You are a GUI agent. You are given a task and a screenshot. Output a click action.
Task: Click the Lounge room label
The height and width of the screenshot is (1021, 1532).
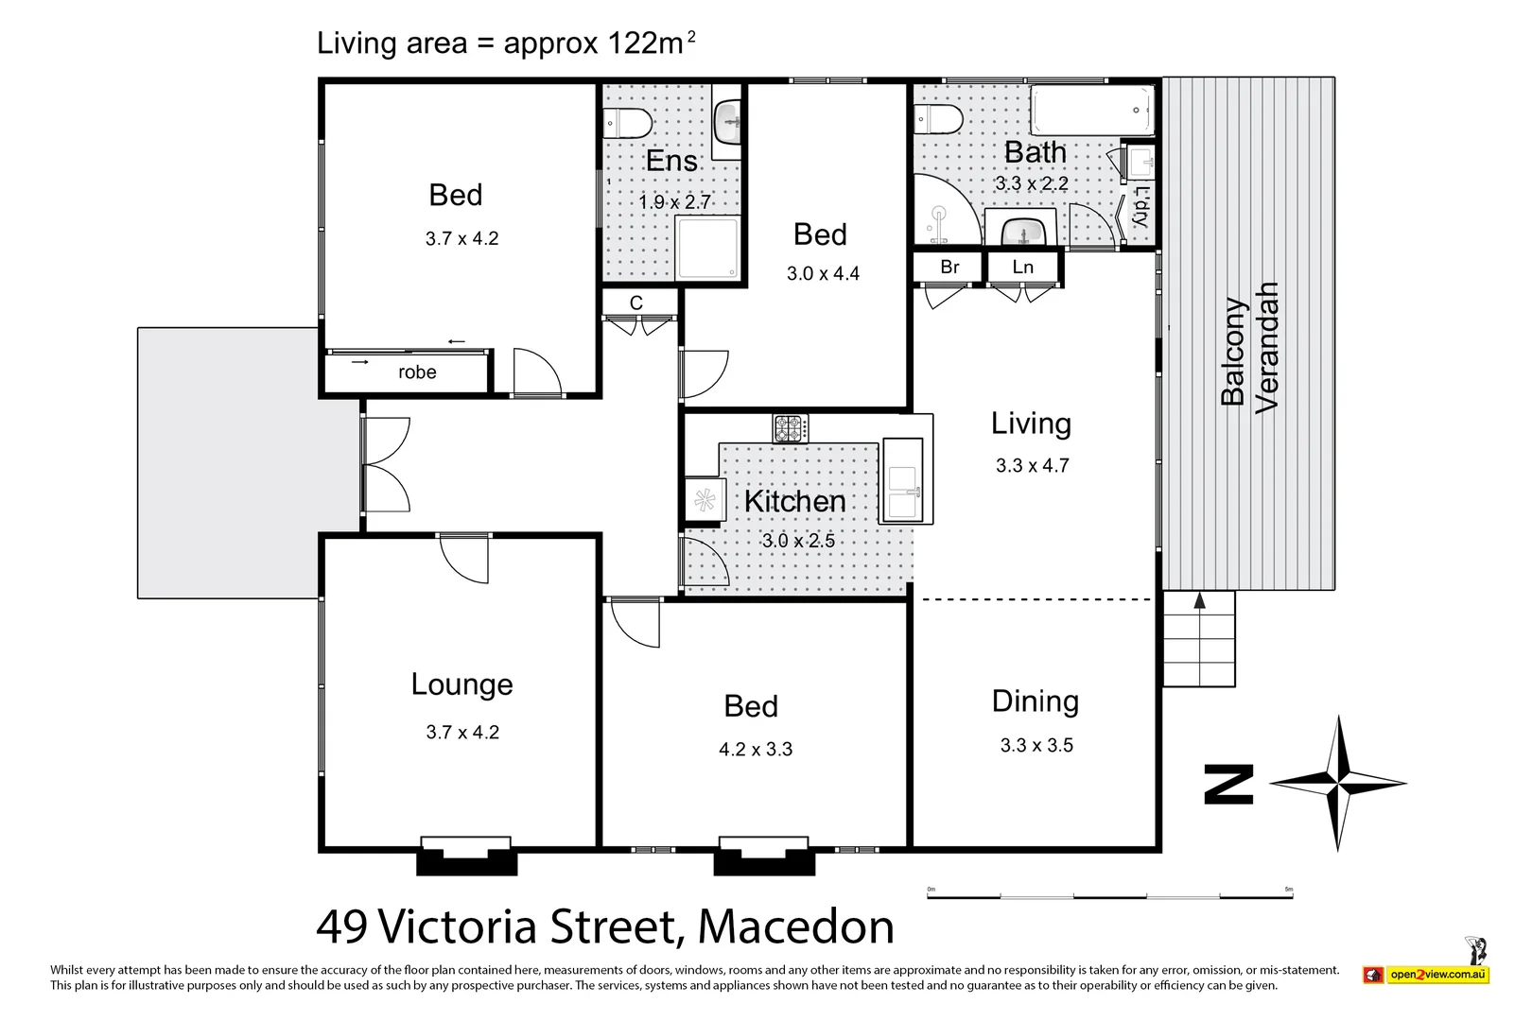pos(461,684)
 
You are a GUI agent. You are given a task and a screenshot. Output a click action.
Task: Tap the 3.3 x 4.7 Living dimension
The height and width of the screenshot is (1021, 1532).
pos(1032,465)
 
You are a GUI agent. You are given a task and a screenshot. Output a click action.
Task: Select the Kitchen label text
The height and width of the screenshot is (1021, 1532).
pos(794,501)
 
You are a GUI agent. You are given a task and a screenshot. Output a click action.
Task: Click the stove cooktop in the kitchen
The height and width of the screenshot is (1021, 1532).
pos(791,428)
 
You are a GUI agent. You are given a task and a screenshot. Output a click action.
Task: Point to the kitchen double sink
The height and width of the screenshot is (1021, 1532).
pos(902,481)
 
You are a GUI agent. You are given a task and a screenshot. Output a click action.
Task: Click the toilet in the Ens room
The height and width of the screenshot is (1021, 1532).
pos(628,123)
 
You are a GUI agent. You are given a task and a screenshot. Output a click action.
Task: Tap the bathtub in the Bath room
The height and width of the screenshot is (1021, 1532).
pos(1092,111)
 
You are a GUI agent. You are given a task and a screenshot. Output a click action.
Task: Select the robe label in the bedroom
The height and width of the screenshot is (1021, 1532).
pos(417,372)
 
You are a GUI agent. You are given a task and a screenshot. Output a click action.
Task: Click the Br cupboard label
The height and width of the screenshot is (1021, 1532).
pos(949,268)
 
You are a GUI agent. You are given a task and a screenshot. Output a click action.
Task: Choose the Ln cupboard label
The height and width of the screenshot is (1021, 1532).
pos(1022,268)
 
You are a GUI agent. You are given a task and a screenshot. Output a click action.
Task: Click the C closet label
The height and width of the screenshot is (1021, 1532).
pos(636,303)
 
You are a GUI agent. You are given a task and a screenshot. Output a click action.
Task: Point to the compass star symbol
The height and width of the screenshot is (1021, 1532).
pos(1338,783)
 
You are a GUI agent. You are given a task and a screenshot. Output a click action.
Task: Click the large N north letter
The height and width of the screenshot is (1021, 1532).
pos(1228,785)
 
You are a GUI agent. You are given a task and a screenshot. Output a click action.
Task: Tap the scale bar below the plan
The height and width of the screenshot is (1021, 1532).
pos(1110,894)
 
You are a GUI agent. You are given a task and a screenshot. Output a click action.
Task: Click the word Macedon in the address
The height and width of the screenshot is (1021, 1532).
pos(795,926)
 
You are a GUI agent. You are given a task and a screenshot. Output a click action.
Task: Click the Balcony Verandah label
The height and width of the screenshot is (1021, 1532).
pos(1248,348)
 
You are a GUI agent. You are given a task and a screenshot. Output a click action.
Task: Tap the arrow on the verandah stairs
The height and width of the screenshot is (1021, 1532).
pos(1199,601)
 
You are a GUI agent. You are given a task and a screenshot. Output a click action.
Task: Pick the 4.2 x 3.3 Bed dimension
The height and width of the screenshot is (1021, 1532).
pos(756,750)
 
